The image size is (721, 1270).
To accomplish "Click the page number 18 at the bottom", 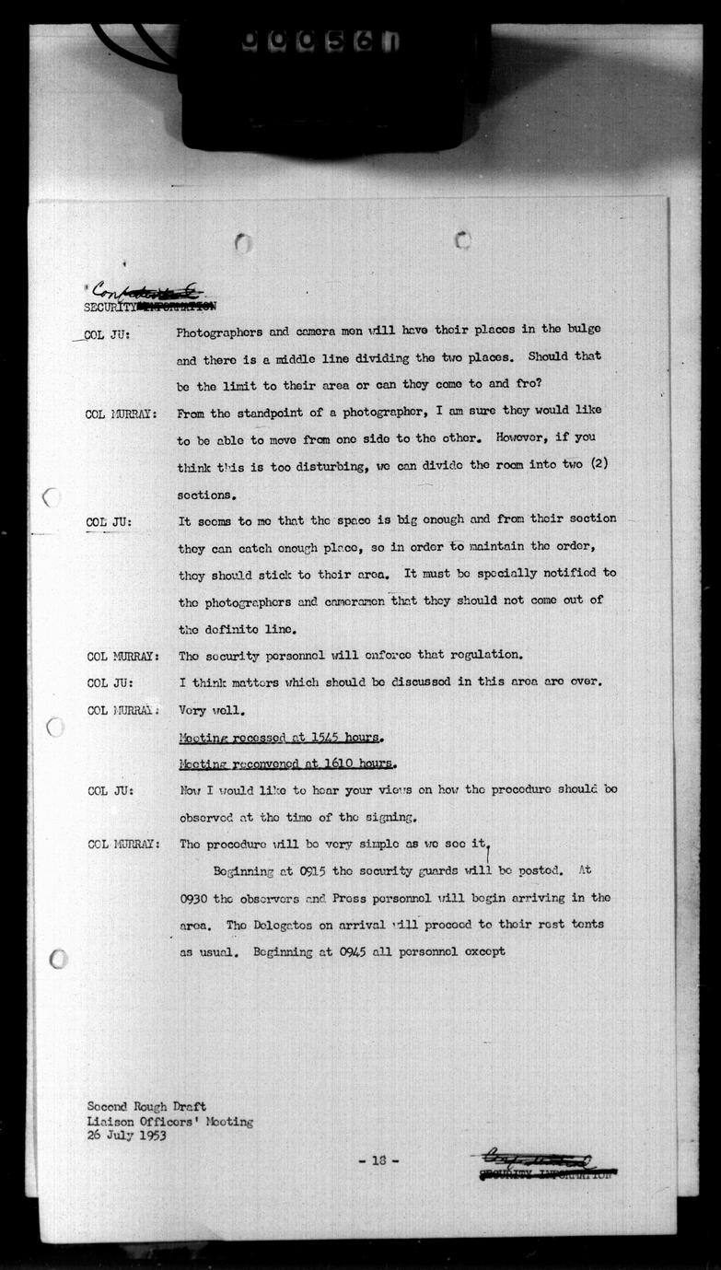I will point(378,1161).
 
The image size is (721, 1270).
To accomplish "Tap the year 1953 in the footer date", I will point(154,1136).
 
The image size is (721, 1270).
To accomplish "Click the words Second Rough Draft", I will point(146,1107).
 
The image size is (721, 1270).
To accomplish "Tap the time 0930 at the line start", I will point(196,898).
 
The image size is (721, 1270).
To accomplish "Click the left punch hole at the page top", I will point(243,243).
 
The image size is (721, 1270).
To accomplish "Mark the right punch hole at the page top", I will point(463,240).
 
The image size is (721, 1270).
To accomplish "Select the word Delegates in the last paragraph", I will point(281,926).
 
